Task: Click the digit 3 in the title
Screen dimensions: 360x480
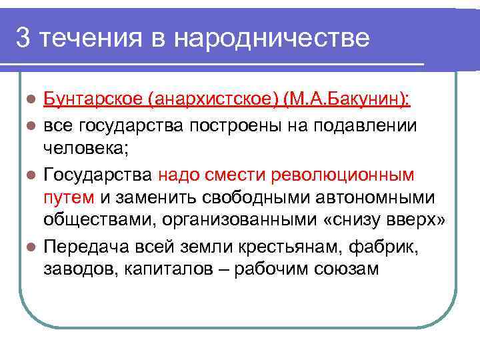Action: (23, 38)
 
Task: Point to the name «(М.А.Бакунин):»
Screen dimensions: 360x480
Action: (347, 100)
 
